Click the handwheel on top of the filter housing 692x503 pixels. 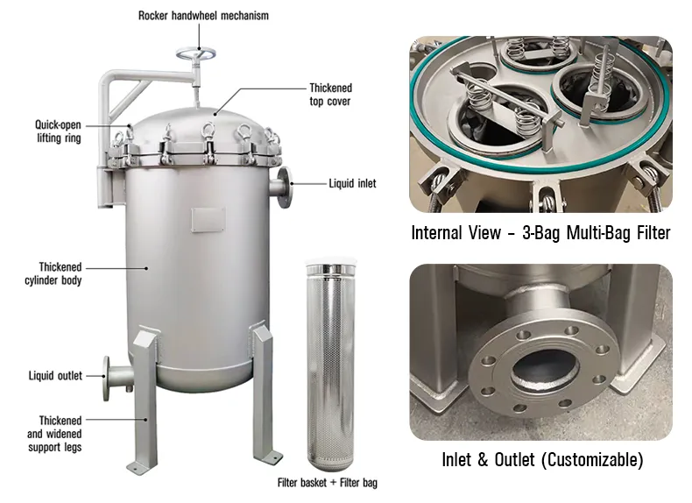click(x=196, y=54)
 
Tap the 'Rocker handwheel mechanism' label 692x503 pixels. click(x=203, y=16)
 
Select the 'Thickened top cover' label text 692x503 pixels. click(x=330, y=95)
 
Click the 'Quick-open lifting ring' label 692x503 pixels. click(x=59, y=131)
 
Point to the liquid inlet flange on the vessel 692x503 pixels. click(x=285, y=188)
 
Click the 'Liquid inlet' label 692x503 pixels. click(x=352, y=183)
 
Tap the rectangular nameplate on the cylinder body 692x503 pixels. click(x=208, y=219)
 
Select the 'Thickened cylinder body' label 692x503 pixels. click(x=53, y=273)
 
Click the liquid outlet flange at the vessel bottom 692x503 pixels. click(x=106, y=379)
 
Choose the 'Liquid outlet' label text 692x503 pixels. click(x=55, y=376)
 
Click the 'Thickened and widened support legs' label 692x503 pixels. click(x=54, y=434)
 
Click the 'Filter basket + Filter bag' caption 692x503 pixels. click(x=328, y=483)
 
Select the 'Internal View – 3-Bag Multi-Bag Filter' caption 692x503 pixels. click(x=540, y=233)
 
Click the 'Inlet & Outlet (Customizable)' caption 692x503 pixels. click(x=542, y=460)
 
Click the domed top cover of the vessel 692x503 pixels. click(x=203, y=124)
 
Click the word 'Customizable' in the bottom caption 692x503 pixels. click(x=592, y=460)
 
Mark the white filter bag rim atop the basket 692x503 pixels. click(x=330, y=264)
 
